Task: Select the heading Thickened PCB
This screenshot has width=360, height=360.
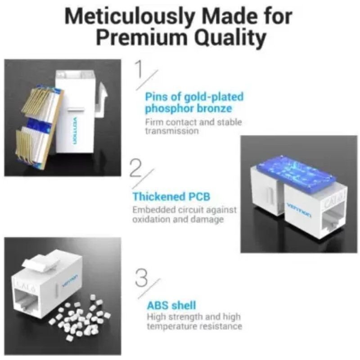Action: click(171, 196)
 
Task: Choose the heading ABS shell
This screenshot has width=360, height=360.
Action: click(171, 306)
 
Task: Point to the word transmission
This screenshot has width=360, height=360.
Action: click(171, 131)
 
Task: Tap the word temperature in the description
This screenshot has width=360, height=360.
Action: click(172, 326)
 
